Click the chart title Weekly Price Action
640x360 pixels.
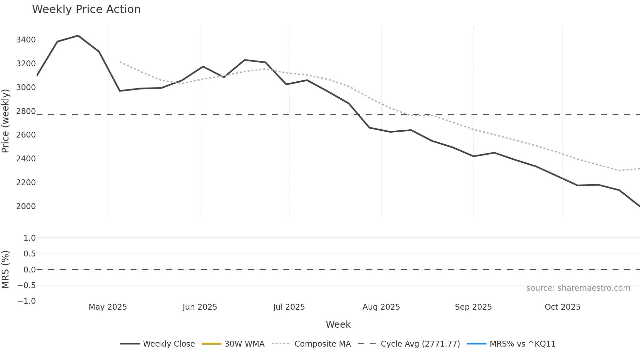pos(86,9)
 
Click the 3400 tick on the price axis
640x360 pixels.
pos(26,40)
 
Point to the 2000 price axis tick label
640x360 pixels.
pos(26,206)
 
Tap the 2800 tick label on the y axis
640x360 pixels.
pos(26,111)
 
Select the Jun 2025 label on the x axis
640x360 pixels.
pos(200,307)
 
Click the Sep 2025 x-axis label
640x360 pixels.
pos(473,307)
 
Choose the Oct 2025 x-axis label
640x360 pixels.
pos(562,307)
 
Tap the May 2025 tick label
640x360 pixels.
pos(108,307)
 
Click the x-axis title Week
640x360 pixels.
pos(338,325)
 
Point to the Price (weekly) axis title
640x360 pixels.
pos(6,121)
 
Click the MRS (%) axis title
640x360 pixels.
pos(6,270)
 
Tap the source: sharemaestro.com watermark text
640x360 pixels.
pos(578,288)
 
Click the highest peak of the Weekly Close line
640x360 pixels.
pos(78,36)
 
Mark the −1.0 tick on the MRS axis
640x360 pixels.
pos(26,301)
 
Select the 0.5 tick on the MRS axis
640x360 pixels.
pos(29,254)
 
